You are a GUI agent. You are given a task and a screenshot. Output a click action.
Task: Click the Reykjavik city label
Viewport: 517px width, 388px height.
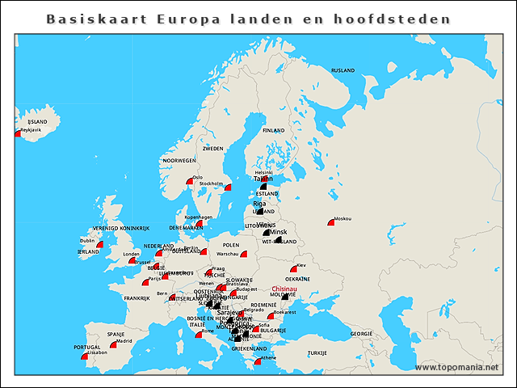[x=31, y=130]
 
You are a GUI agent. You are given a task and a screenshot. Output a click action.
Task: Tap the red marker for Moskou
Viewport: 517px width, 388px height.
[x=331, y=221]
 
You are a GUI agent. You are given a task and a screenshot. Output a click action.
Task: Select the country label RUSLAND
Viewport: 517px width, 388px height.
[x=343, y=70]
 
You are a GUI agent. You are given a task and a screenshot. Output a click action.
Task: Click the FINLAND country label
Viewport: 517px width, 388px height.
[x=273, y=130]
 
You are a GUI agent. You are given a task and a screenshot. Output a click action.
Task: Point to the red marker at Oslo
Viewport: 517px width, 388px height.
[x=190, y=181]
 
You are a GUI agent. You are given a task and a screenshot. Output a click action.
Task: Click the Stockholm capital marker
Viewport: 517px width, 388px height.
[x=228, y=188]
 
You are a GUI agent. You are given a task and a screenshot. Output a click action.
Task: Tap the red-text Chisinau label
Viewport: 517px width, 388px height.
[x=285, y=289]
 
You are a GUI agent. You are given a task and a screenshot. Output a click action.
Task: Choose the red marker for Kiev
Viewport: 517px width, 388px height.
[x=294, y=269]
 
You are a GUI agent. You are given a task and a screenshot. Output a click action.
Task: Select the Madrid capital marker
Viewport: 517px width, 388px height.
[x=114, y=345]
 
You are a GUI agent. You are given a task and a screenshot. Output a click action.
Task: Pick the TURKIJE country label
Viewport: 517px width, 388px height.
[x=317, y=353]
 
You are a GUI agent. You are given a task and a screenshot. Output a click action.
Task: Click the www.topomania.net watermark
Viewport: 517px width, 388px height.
[x=463, y=368]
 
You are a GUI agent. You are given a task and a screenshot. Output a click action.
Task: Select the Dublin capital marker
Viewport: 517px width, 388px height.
[x=99, y=244]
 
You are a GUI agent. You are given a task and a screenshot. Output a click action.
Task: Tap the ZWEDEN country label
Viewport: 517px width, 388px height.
[x=213, y=150]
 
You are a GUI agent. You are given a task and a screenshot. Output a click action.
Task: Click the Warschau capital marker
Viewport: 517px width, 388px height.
[x=243, y=254]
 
